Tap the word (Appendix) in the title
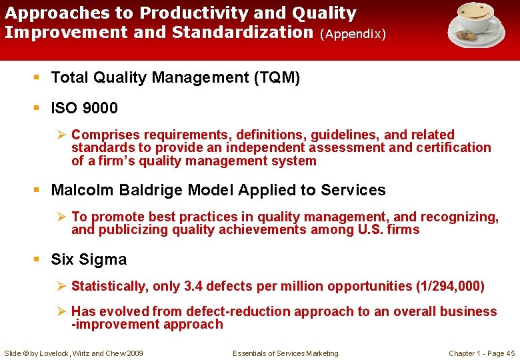353,33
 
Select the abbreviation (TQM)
277,78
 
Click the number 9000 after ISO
101,108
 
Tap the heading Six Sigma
89,259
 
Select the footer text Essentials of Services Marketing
285,353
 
